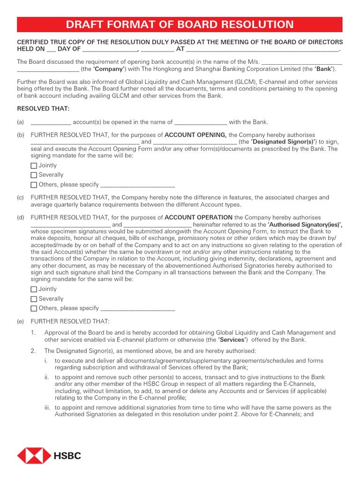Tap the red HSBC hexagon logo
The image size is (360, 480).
pos(34,456)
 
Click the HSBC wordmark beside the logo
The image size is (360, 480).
pos(67,456)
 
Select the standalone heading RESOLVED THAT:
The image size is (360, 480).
pos(43,109)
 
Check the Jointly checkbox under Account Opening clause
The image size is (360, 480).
pos(34,165)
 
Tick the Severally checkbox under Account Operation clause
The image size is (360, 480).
pos(34,299)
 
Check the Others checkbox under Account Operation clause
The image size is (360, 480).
pos(34,308)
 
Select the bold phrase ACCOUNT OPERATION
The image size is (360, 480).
pos(199,217)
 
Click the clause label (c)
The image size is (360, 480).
pos(21,198)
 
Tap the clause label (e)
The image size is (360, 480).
pos(21,322)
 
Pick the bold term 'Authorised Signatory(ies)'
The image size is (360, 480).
pos(305,225)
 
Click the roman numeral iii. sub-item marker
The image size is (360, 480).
pos(47,408)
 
